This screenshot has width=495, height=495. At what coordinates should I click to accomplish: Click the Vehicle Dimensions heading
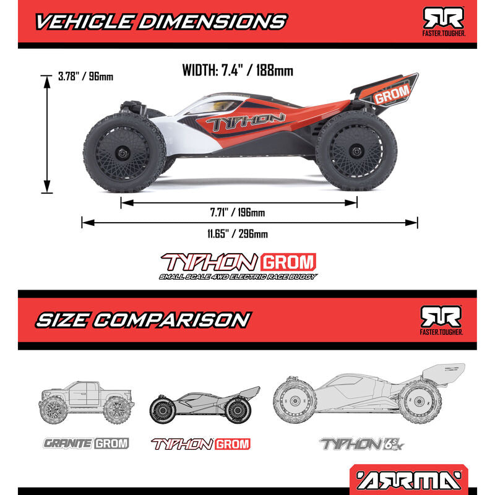coord(161,22)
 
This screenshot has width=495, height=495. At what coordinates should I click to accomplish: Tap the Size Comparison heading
coord(142,320)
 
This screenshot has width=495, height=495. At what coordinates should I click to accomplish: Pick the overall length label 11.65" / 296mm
coord(238,234)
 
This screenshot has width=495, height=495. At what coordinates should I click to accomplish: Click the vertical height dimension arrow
coord(47,134)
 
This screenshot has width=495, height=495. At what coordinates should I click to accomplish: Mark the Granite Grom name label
coord(85,443)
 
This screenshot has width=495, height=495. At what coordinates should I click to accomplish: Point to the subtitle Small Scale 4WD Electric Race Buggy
coord(238,277)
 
